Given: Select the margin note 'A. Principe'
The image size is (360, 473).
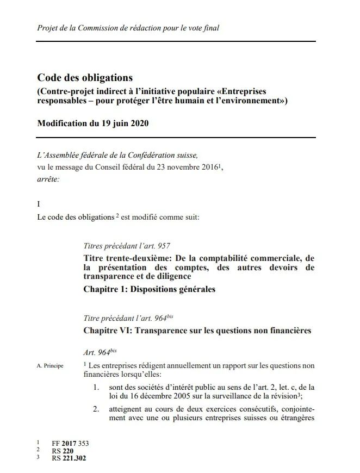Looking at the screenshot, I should click(x=50, y=366).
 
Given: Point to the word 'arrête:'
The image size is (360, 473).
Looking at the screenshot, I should click(x=48, y=178).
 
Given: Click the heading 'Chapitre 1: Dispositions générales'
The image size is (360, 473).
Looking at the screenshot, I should click(x=149, y=289).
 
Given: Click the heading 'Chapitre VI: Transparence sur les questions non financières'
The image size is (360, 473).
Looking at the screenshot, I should click(x=197, y=330).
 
